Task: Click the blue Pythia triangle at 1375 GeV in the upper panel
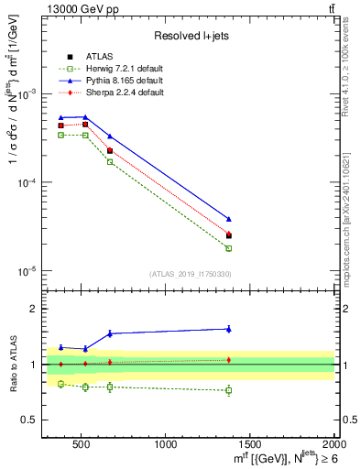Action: [229, 219]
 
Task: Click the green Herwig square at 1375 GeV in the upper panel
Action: [229, 248]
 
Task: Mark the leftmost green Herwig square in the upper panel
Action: [60, 135]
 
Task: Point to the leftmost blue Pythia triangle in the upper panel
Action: [60, 117]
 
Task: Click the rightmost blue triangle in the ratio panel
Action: [229, 329]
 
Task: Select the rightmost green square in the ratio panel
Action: [229, 390]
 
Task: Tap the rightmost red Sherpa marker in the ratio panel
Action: [229, 359]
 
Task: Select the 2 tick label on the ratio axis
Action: [37, 309]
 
